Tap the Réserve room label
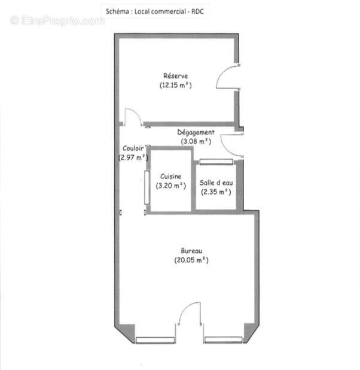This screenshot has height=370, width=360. [175, 75]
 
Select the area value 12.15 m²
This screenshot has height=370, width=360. [175, 85]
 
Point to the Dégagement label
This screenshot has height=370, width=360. [196, 132]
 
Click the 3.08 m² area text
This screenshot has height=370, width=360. [196, 141]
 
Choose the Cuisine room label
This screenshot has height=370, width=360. [171, 176]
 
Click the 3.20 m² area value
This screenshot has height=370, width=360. [171, 186]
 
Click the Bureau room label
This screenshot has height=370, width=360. [192, 250]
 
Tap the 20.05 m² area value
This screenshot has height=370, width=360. [192, 260]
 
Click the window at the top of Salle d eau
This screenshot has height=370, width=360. [216, 161]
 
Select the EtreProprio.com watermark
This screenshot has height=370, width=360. [57, 20]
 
